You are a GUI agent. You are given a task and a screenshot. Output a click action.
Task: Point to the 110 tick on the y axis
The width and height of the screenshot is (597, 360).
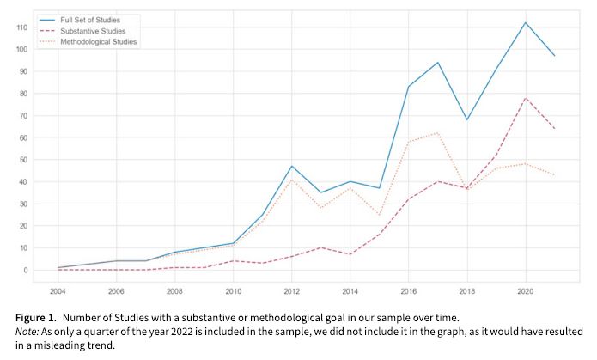(x=19, y=27)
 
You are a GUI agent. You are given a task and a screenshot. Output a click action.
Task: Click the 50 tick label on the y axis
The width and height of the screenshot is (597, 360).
(x=21, y=160)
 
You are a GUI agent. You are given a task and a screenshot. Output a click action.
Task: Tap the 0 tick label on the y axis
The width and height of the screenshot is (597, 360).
(x=23, y=270)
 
